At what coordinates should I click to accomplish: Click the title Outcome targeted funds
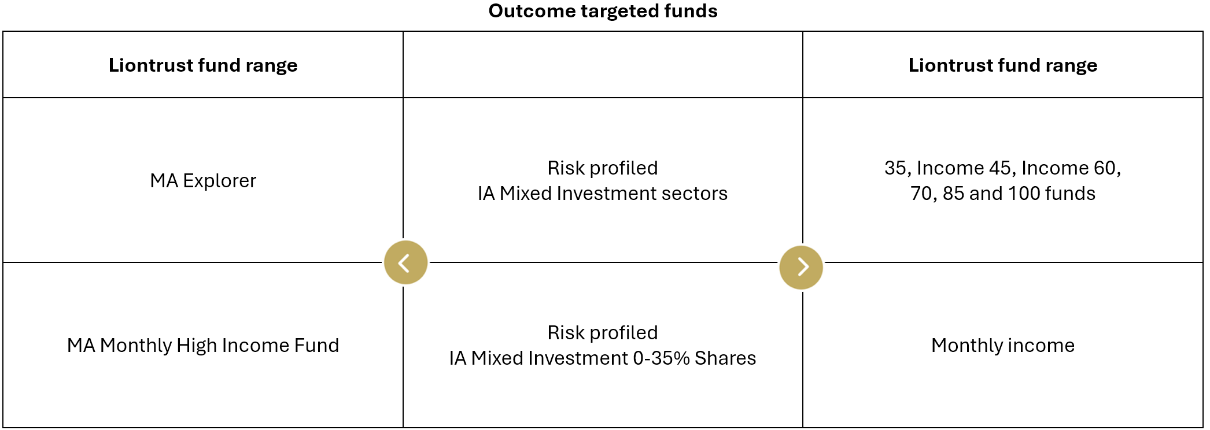[x=603, y=11]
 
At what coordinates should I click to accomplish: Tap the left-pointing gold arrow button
[x=405, y=262]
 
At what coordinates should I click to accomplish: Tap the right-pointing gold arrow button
[x=801, y=267]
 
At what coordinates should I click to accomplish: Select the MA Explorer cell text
[x=203, y=181]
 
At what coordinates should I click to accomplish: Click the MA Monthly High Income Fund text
[x=203, y=346]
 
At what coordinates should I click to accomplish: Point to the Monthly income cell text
[x=1003, y=346]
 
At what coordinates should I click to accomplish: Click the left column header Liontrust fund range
[x=203, y=65]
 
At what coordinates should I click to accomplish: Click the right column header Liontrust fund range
[x=1003, y=65]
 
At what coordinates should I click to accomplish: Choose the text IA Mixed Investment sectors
[x=603, y=194]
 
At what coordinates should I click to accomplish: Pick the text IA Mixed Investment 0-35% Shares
[x=603, y=358]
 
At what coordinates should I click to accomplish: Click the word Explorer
[x=220, y=181]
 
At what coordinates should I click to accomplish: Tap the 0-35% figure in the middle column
[x=662, y=358]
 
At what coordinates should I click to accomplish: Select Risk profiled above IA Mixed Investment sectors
[x=603, y=168]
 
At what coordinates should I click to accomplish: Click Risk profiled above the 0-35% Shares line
[x=603, y=333]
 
